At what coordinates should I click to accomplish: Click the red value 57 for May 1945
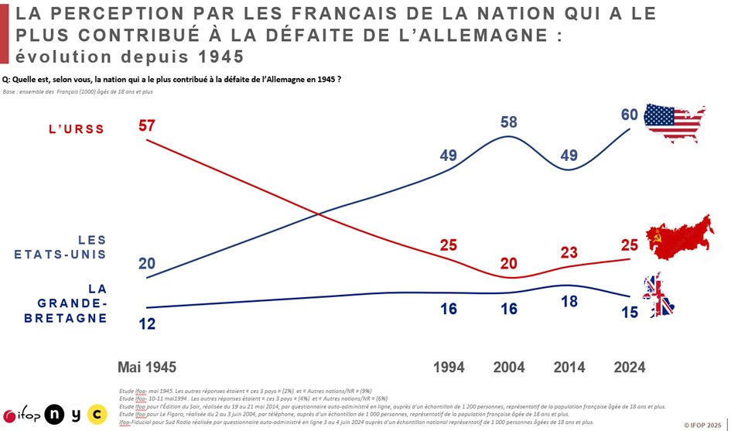[x=147, y=125]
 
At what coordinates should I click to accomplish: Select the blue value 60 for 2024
[x=630, y=115]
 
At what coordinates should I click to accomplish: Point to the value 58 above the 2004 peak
[x=508, y=122]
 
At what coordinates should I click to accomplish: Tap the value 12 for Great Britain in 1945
[x=147, y=324]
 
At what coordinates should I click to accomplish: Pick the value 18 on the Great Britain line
[x=569, y=302]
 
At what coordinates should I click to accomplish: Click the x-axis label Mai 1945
[x=147, y=367]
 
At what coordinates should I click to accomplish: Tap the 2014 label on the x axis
[x=569, y=367]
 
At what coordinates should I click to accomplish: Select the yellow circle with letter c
[x=97, y=415]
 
